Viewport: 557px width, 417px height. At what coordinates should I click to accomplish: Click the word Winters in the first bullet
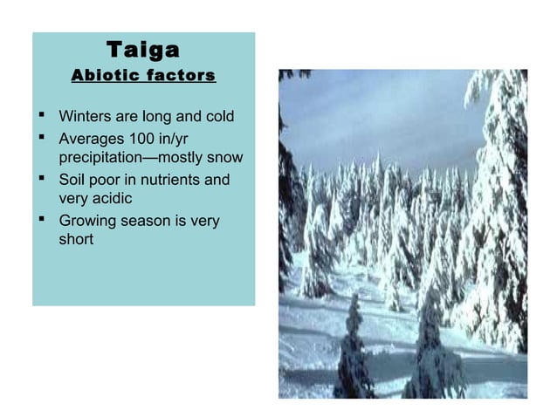85,117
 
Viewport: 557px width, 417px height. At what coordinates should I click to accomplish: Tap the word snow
223,158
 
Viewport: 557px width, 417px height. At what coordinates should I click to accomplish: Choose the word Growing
87,222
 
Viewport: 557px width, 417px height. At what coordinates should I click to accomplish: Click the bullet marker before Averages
42,138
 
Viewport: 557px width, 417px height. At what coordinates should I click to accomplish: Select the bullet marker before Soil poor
42,180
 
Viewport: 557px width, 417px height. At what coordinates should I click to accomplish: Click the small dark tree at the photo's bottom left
354,353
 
